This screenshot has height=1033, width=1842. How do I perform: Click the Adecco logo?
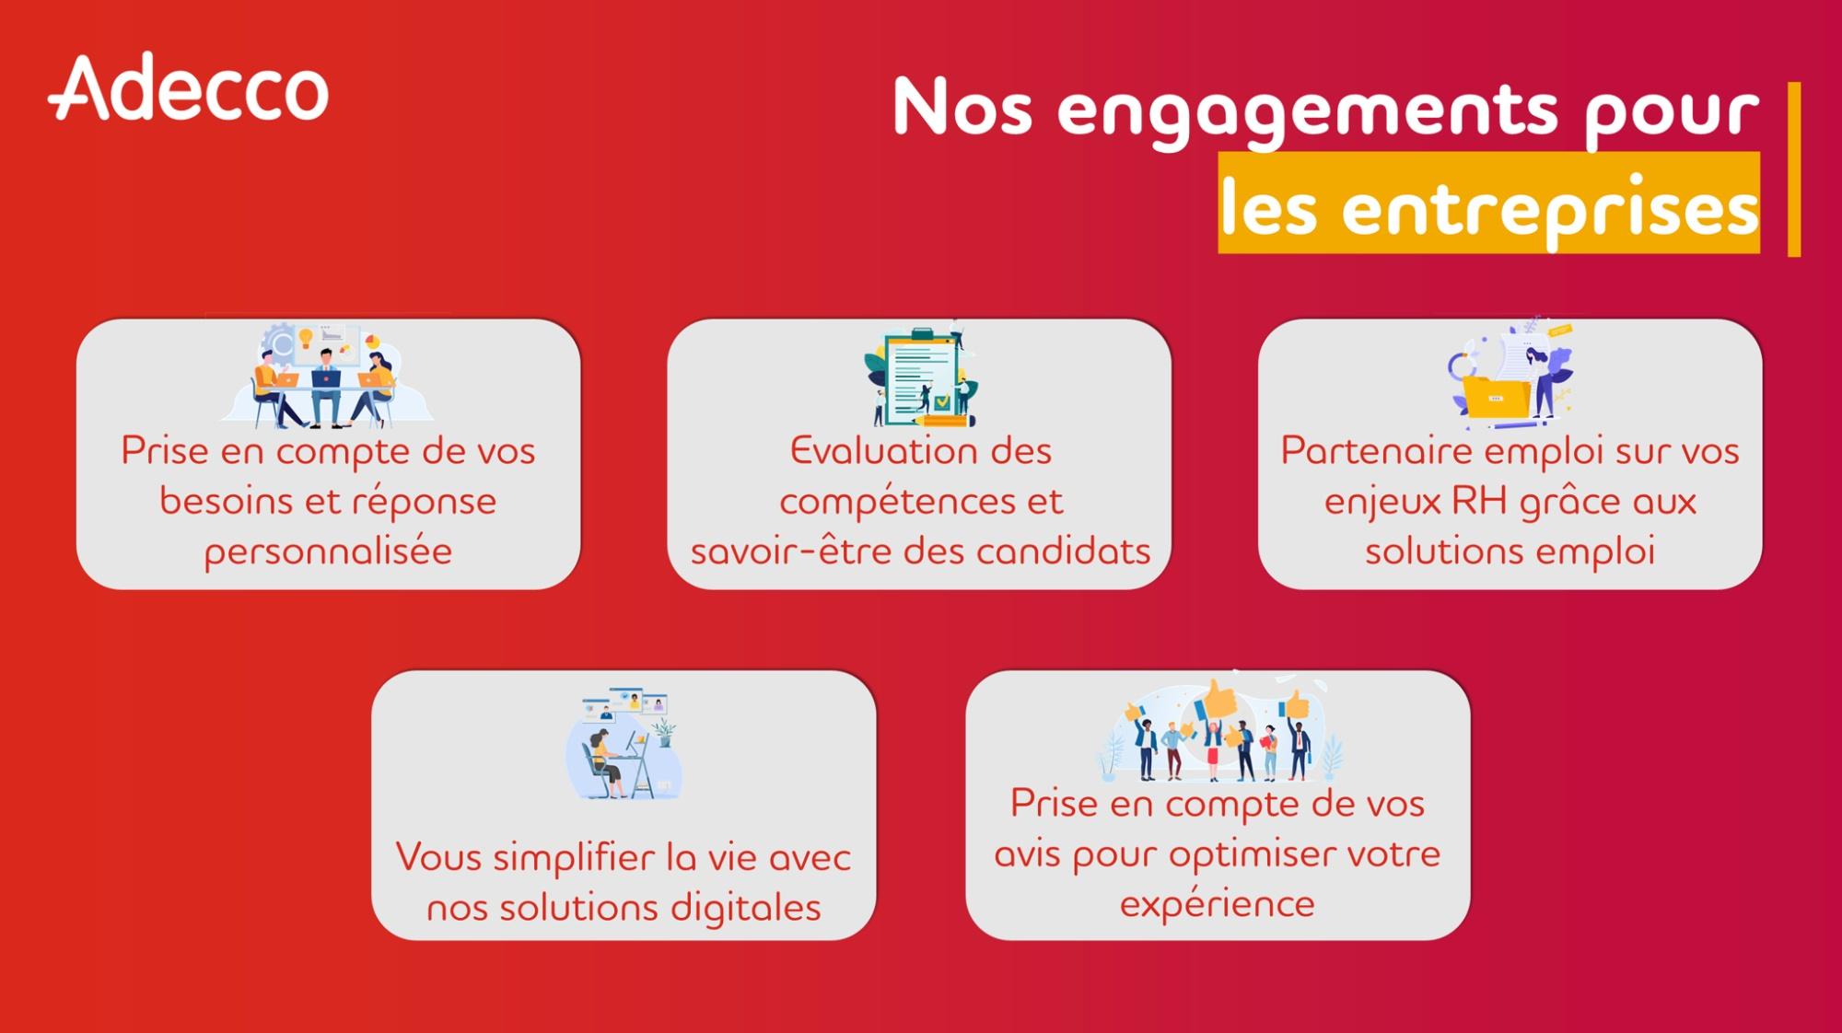[189, 88]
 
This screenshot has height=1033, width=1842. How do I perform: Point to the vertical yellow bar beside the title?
[1793, 169]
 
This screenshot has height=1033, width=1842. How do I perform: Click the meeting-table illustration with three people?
[326, 374]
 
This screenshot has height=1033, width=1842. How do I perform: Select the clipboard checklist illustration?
[921, 376]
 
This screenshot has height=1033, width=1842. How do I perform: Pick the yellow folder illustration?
[1510, 374]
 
